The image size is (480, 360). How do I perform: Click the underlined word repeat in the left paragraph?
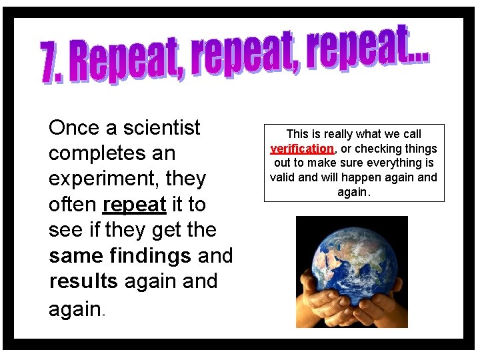point(135,205)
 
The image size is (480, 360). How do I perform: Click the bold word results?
point(83,281)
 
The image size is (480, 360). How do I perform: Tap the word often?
point(73,205)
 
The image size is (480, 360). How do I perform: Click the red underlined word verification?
point(302,149)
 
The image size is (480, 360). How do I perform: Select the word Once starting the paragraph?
point(73,127)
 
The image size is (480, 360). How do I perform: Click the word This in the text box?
point(297,134)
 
